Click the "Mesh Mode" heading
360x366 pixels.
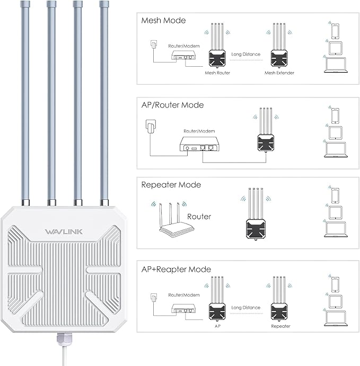click(163, 21)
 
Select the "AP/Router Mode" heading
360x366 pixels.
click(172, 105)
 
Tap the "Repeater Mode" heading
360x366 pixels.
click(171, 185)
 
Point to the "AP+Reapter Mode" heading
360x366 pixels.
click(175, 269)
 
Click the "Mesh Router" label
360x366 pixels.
click(217, 73)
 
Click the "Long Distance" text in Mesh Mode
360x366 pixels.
click(247, 54)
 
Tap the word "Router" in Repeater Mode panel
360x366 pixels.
click(199, 216)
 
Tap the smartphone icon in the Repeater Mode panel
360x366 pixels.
click(335, 195)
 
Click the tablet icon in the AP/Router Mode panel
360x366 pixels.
click(335, 132)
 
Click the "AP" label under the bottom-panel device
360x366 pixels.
click(217, 326)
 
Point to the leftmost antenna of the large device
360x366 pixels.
click(24, 101)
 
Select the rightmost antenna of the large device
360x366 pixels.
click(104, 101)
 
